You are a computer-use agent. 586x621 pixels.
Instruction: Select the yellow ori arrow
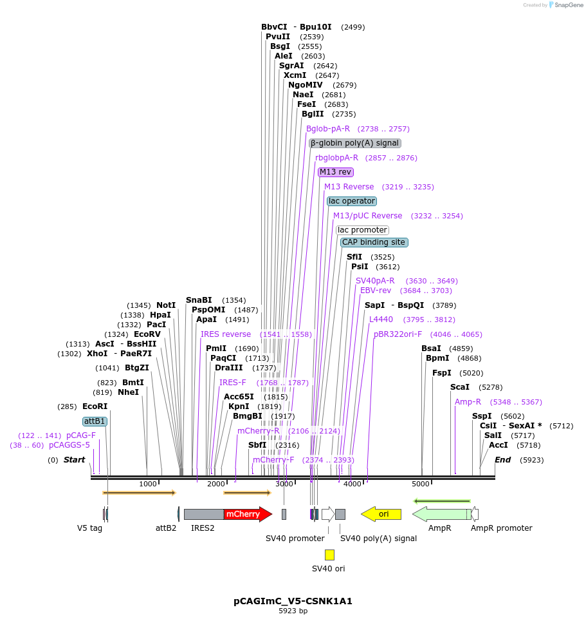click(381, 514)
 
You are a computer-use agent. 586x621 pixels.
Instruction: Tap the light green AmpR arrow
click(441, 514)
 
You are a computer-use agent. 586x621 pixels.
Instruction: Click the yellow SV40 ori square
click(329, 555)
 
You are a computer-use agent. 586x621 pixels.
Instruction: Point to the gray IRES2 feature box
click(203, 514)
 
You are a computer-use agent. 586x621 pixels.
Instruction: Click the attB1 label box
click(95, 421)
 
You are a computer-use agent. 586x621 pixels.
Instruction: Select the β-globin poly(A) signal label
click(355, 143)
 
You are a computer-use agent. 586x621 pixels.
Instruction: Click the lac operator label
click(351, 201)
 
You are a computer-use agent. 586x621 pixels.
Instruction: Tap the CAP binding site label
click(374, 242)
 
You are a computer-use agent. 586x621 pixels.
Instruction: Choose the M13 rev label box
click(336, 172)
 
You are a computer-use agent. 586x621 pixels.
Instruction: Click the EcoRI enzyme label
click(95, 406)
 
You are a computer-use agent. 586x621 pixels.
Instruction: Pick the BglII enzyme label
click(313, 114)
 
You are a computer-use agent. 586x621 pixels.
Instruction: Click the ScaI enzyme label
click(460, 387)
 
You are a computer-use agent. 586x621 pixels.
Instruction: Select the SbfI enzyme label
click(257, 445)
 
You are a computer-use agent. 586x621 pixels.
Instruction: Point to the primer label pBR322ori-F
click(398, 334)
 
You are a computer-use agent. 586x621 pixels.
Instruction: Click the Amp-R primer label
click(468, 402)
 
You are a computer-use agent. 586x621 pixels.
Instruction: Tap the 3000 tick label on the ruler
click(284, 484)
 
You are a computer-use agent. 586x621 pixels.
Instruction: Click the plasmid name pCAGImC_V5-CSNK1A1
click(293, 601)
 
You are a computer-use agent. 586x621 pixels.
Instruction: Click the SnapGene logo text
click(569, 5)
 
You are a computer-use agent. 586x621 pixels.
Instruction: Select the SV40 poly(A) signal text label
click(378, 539)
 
